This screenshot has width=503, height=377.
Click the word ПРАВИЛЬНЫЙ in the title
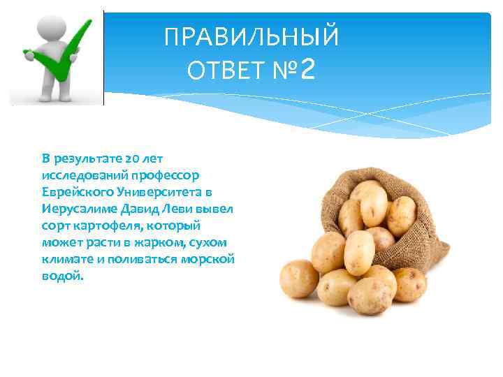coord(251,37)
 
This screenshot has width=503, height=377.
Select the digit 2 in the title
coord(309,69)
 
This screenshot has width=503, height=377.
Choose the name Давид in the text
coord(139,209)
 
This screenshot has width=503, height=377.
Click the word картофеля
coord(103,226)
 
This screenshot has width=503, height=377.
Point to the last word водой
coord(61,276)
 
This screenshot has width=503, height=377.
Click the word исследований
coord(81,175)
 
